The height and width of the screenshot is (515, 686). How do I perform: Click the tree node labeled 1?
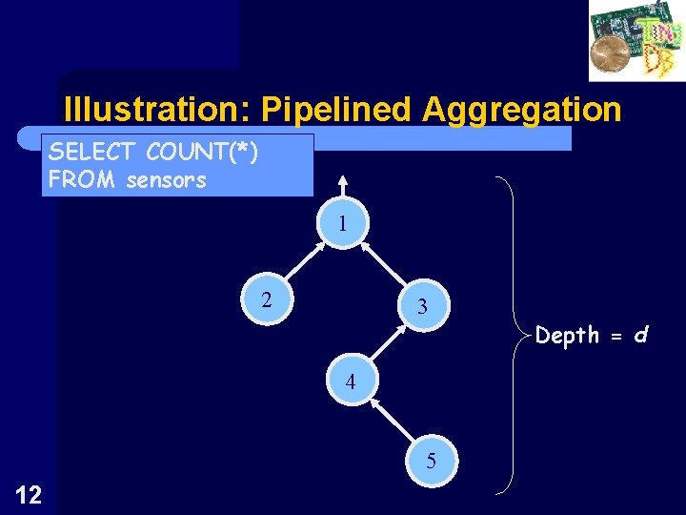point(340,225)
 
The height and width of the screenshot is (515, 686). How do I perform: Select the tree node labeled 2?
point(267,300)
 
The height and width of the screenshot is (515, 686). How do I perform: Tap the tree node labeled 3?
point(420,307)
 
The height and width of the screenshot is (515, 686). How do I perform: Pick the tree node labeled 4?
point(351,382)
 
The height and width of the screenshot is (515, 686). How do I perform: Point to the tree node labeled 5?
point(431,462)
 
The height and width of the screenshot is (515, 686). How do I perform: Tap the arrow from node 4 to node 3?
point(386,344)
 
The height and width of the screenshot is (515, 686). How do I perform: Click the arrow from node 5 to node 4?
point(391,422)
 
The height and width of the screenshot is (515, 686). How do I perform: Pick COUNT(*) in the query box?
point(202,153)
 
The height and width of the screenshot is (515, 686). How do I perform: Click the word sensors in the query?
point(166,179)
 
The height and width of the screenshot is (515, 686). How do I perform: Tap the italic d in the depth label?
point(641,335)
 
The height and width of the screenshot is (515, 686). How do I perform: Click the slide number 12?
point(28,493)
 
